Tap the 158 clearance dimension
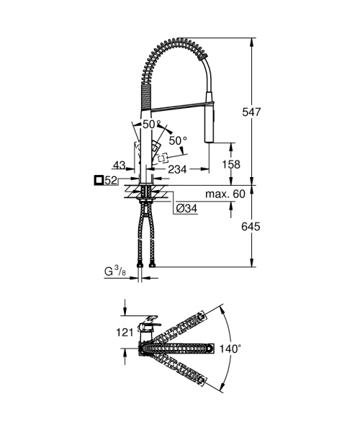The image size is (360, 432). pos(230,164)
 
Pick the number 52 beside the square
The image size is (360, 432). pos(110,180)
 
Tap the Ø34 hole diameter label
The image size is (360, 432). pos(187,208)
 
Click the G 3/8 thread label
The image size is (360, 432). pos(114,272)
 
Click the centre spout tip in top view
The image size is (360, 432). pos(210,350)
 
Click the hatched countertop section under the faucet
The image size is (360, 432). pos(147,192)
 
